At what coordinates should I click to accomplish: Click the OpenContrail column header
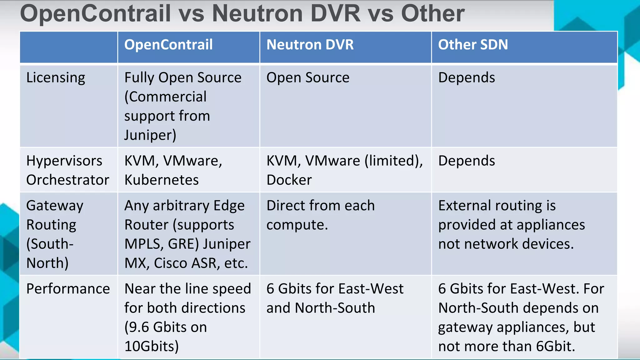pyautogui.click(x=168, y=45)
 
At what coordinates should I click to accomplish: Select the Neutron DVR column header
pyautogui.click(x=310, y=45)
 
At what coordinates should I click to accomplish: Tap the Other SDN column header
pyautogui.click(x=473, y=45)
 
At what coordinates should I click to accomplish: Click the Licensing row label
pyautogui.click(x=56, y=77)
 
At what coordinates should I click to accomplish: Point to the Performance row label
pyautogui.click(x=68, y=289)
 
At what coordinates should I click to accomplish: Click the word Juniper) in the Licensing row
pyautogui.click(x=150, y=135)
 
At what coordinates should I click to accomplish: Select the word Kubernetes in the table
pyautogui.click(x=162, y=180)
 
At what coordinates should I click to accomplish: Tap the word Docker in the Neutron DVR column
pyautogui.click(x=289, y=180)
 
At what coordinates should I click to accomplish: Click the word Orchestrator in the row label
pyautogui.click(x=68, y=180)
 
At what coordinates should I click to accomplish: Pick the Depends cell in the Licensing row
pyautogui.click(x=467, y=77)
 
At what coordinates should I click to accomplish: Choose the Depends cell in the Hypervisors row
pyautogui.click(x=467, y=161)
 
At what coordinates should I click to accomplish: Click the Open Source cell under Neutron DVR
pyautogui.click(x=308, y=77)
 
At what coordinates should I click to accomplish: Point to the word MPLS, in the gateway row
pyautogui.click(x=144, y=244)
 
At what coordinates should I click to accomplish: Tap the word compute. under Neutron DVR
pyautogui.click(x=297, y=225)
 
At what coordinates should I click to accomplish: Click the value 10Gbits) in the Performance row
pyautogui.click(x=152, y=346)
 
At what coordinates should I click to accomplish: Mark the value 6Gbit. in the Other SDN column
pyautogui.click(x=556, y=346)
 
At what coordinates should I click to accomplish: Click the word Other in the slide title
pyautogui.click(x=433, y=13)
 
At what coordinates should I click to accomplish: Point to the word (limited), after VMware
pyautogui.click(x=394, y=161)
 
